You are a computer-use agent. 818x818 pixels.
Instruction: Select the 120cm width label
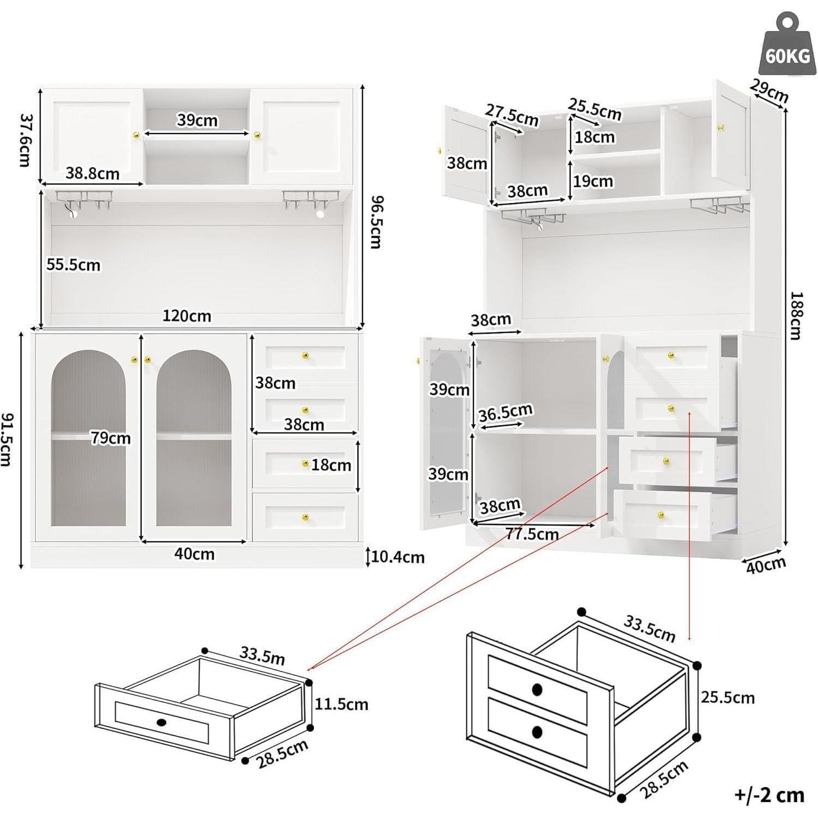[187, 316]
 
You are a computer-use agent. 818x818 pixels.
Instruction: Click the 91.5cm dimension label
[8, 439]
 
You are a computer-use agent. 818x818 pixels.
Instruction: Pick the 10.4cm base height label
[398, 557]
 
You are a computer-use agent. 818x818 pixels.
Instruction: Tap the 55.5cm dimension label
[73, 265]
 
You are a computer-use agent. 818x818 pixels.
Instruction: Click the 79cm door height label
[111, 438]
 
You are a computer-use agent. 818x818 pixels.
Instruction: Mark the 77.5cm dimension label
[532, 534]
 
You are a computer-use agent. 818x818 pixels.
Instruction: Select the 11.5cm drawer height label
[341, 704]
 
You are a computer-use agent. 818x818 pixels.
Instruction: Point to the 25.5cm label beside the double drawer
[727, 697]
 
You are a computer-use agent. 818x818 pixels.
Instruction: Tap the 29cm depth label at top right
[769, 91]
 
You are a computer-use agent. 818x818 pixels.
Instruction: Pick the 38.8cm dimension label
[93, 173]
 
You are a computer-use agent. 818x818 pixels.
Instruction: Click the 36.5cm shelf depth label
[506, 413]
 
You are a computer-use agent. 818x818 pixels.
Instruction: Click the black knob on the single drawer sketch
[161, 723]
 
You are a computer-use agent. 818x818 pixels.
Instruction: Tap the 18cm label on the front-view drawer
[332, 465]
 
